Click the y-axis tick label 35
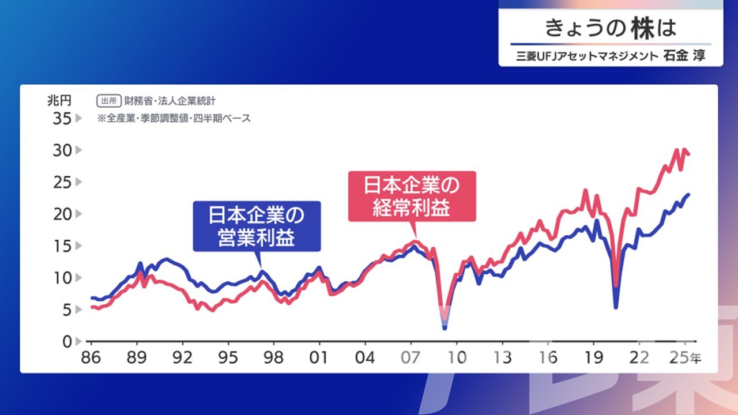click(x=62, y=119)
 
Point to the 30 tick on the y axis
click(x=62, y=150)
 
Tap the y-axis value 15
click(x=62, y=246)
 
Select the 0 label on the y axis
click(x=67, y=342)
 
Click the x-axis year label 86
click(x=91, y=358)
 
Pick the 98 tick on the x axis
click(x=273, y=358)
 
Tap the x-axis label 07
click(x=411, y=358)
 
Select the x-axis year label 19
click(x=594, y=358)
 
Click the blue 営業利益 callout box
click(x=257, y=227)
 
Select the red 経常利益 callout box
click(x=412, y=197)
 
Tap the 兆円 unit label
click(x=59, y=100)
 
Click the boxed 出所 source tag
click(x=109, y=101)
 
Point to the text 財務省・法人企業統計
click(x=170, y=101)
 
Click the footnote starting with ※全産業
click(x=174, y=118)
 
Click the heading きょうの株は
click(x=611, y=28)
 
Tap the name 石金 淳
click(x=684, y=56)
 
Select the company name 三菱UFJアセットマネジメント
click(x=587, y=56)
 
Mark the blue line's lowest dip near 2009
click(x=445, y=328)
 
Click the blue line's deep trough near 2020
click(x=615, y=307)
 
